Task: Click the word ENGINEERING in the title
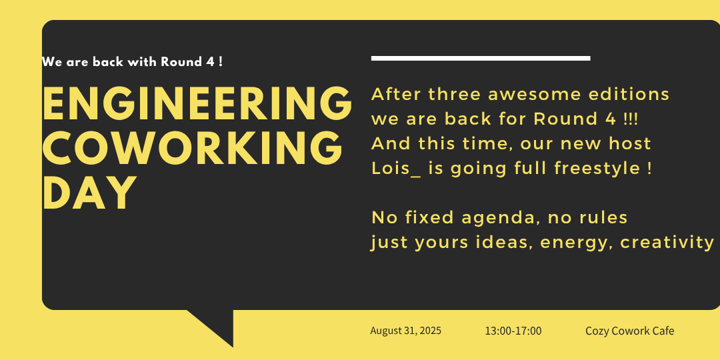click(x=197, y=103)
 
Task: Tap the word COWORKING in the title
click(x=193, y=147)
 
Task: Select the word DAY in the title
click(x=89, y=193)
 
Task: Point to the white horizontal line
click(x=480, y=58)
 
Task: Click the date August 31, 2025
click(x=405, y=331)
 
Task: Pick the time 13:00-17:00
click(x=513, y=331)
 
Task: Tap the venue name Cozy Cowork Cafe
click(x=629, y=331)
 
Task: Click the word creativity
click(x=667, y=243)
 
